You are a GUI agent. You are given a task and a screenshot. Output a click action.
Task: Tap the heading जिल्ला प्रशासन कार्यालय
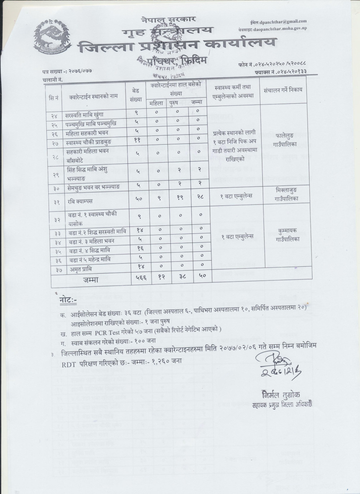176,48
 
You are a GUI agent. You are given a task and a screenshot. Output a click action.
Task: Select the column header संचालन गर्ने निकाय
283,90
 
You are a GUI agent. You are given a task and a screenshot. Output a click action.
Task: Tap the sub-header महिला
156,103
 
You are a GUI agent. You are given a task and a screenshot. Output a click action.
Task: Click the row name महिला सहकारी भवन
87,133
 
